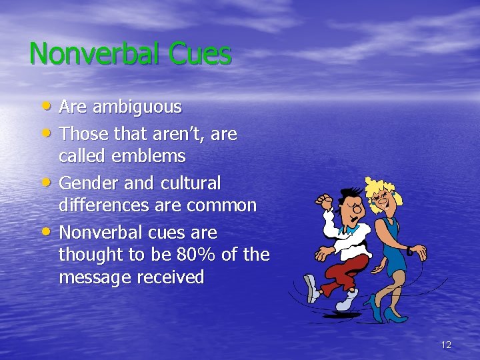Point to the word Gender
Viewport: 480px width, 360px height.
(87, 183)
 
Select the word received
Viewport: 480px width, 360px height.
(171, 277)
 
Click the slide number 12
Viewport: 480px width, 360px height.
(446, 345)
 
